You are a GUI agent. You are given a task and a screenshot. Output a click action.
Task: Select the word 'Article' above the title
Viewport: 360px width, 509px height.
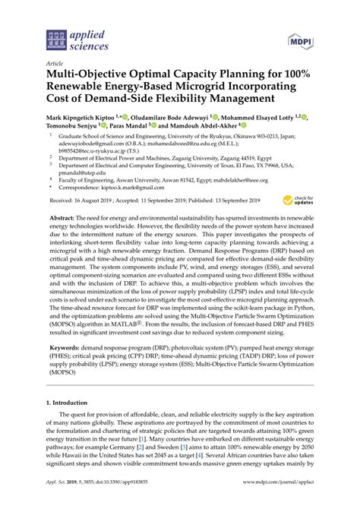tap(55, 64)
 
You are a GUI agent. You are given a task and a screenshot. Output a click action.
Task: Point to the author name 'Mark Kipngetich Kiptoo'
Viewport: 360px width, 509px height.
tap(87, 119)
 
